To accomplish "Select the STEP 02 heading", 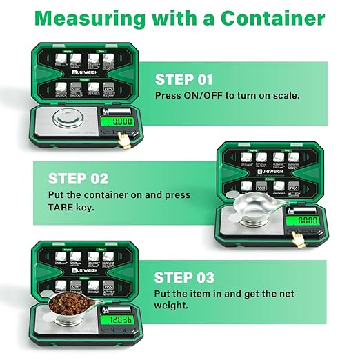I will [x=77, y=179].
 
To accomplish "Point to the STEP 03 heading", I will [x=184, y=278].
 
